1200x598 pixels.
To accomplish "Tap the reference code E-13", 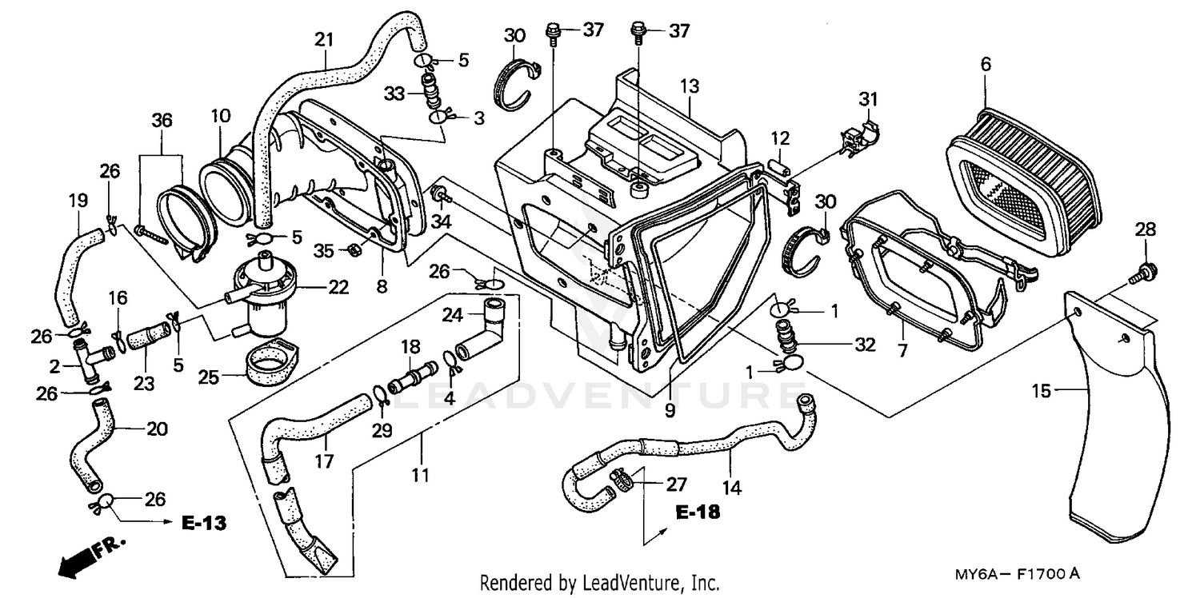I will [203, 524].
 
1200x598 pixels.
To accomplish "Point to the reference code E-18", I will [697, 512].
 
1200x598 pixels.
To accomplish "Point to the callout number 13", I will [690, 86].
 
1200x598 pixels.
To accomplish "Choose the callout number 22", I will [338, 287].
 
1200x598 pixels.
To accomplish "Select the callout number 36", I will [162, 121].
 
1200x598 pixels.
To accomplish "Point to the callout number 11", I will [421, 476].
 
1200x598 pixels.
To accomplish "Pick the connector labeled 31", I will [862, 131].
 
